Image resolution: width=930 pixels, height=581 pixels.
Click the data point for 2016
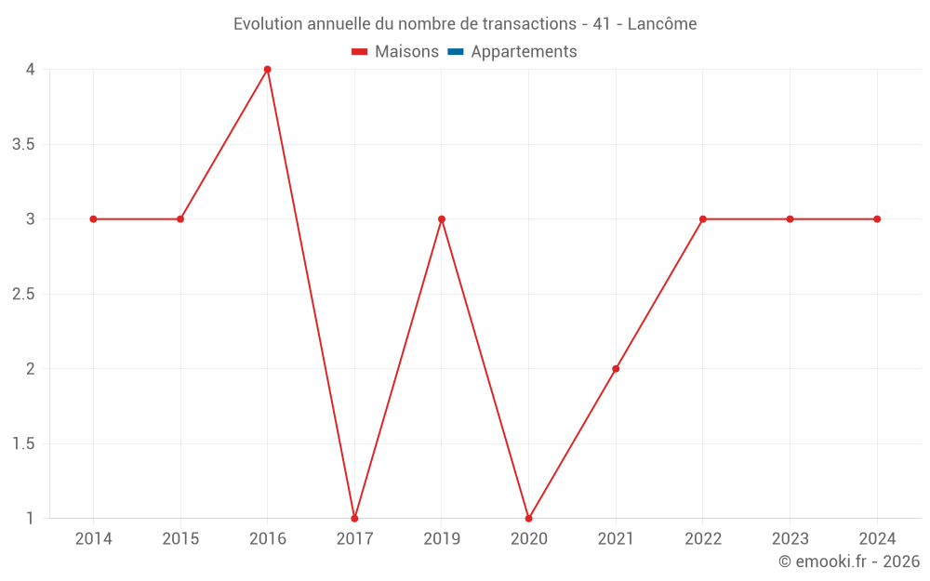[x=268, y=70]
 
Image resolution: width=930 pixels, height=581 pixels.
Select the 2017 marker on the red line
[x=354, y=518]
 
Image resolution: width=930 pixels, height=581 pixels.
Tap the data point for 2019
[x=442, y=219]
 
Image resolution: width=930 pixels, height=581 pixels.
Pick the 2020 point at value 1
[x=528, y=518]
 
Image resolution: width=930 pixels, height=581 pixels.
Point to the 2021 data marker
[x=616, y=369]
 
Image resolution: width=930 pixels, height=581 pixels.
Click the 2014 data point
[x=93, y=219]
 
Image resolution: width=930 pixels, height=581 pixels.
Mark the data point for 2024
[x=877, y=219]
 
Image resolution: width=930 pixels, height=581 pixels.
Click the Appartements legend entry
[x=524, y=52]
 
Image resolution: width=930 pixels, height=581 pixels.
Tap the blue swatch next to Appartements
[x=455, y=52]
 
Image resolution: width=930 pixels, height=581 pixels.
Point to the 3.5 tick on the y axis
[x=23, y=144]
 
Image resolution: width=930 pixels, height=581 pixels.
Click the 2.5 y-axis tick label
[x=23, y=294]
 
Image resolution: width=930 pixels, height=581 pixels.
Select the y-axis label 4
[x=31, y=70]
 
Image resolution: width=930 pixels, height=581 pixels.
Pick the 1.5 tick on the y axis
[x=23, y=443]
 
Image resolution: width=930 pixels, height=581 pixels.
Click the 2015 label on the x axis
[x=180, y=539]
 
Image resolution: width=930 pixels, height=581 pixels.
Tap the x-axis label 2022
[x=703, y=539]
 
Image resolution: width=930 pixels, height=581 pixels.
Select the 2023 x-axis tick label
[x=790, y=539]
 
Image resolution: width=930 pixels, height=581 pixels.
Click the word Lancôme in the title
[x=661, y=24]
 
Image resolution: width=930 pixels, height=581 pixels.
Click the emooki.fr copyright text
[x=848, y=561]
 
